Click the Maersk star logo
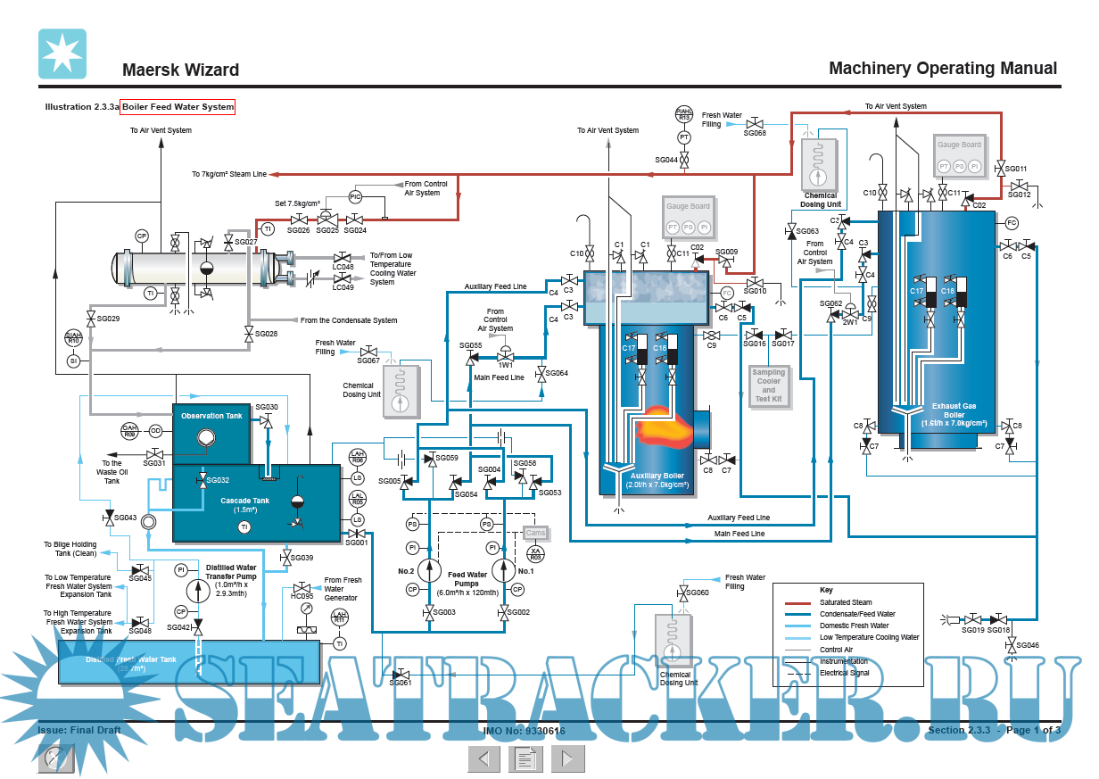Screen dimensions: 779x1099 click(62, 54)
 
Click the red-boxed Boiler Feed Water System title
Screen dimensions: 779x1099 click(178, 107)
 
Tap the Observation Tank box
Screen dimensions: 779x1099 click(211, 416)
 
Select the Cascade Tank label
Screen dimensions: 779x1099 click(244, 501)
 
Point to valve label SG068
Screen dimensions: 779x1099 click(756, 133)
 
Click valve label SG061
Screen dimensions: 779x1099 click(401, 683)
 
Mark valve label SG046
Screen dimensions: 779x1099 click(1027, 644)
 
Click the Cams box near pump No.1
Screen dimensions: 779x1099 click(535, 533)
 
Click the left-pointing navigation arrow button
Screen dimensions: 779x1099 click(483, 759)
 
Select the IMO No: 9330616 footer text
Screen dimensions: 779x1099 click(525, 730)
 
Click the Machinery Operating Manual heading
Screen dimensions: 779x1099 click(943, 69)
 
